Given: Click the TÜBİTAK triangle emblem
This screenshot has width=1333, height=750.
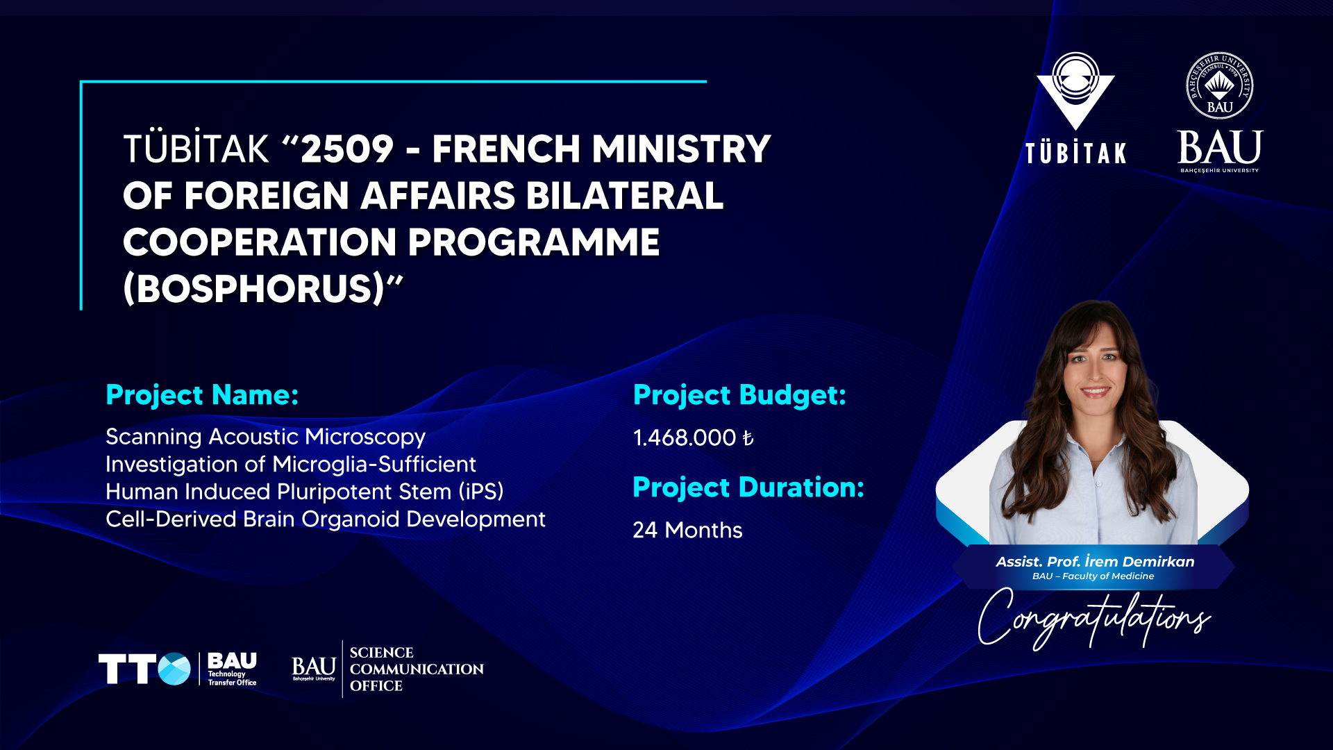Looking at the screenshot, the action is click(x=1075, y=91).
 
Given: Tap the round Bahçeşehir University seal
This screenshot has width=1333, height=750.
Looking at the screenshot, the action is click(x=1220, y=85).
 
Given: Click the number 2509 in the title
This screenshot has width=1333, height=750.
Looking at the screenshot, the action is click(x=347, y=149).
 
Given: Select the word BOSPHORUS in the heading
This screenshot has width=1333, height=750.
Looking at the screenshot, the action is click(x=254, y=288).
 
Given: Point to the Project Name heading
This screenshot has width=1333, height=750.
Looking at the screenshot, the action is click(x=202, y=395).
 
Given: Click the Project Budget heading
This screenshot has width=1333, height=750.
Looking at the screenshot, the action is click(x=739, y=395).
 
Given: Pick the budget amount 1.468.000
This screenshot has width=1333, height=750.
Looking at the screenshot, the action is click(x=685, y=437).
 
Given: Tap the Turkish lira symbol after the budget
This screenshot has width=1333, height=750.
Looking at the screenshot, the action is click(x=748, y=438).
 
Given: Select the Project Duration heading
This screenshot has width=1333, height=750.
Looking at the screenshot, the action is click(x=748, y=487).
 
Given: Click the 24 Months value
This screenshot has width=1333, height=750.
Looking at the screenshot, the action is click(x=687, y=530).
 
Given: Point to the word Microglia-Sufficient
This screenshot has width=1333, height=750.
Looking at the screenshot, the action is click(x=374, y=464).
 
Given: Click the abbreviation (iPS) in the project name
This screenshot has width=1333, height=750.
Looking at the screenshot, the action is click(x=481, y=492).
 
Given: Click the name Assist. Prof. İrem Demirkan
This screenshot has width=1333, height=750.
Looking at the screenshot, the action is click(x=1095, y=561).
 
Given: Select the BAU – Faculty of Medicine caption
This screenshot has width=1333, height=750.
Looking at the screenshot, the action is click(x=1093, y=576).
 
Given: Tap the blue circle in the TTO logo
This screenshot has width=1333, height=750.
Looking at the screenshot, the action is click(x=174, y=669).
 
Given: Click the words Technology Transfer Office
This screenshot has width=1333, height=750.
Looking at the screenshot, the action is click(x=232, y=678).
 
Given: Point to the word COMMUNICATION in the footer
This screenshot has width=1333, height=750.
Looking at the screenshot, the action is click(x=417, y=669).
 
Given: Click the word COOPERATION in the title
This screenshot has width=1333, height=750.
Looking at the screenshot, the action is click(x=260, y=242).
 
